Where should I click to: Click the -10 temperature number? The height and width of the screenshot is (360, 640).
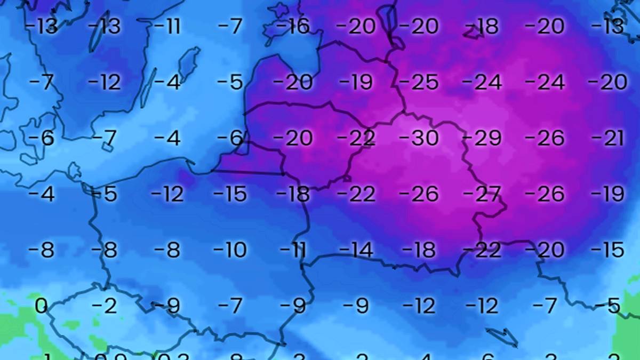(x=230, y=249)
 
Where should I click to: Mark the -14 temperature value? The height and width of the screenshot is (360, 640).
(x=356, y=249)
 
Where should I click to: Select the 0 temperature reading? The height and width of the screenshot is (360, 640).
(x=41, y=306)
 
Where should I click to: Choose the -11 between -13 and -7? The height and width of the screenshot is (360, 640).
(x=167, y=26)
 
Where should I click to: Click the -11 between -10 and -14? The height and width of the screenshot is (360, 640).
(x=293, y=249)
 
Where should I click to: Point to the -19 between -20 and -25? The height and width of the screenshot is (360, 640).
(x=356, y=83)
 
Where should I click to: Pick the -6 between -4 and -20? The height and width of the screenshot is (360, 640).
(x=230, y=139)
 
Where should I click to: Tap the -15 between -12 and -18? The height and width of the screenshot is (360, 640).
(x=230, y=194)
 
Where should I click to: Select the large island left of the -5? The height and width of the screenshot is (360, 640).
(x=189, y=64)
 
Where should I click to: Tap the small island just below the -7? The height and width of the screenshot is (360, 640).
(x=107, y=147)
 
